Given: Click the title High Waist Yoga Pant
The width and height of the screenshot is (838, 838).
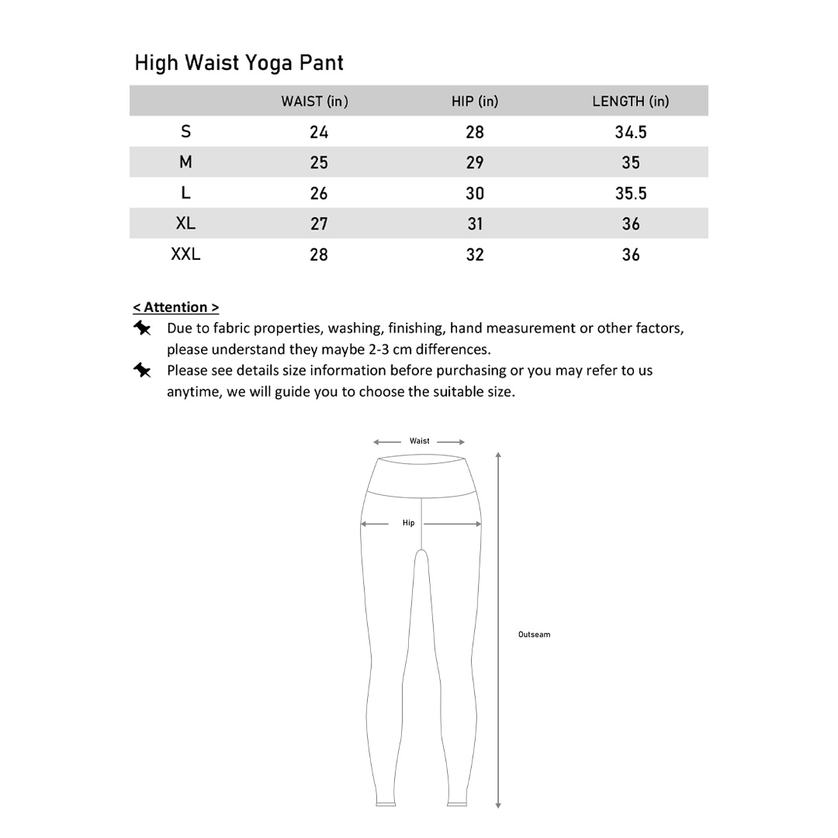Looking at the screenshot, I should [x=239, y=64].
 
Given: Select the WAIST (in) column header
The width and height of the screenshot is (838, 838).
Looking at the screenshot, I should [x=314, y=102].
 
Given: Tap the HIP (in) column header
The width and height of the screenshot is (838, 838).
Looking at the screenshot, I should [x=475, y=102].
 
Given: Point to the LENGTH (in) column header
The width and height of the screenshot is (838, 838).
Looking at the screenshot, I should [x=630, y=102].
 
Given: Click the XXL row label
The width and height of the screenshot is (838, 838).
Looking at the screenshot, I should [x=185, y=254].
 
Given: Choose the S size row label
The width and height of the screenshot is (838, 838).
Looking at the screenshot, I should [x=185, y=132].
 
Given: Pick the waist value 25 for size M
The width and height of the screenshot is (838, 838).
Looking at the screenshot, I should [x=319, y=163].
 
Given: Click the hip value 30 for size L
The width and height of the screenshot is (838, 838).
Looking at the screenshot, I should [x=475, y=193].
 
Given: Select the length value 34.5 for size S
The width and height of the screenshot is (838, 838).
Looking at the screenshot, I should [x=631, y=133].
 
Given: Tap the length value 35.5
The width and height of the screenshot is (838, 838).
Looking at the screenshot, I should [x=631, y=193].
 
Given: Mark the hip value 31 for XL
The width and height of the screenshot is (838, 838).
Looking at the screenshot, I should [x=475, y=224].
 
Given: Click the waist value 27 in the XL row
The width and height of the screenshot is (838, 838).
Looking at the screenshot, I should [x=319, y=224].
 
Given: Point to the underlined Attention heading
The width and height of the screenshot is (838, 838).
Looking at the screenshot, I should [x=175, y=307].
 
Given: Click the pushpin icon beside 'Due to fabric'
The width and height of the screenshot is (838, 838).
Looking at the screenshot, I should [x=142, y=329].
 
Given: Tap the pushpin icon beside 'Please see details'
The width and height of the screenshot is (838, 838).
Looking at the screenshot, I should [x=142, y=371].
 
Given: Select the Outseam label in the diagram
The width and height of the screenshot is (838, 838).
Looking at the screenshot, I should [x=534, y=635].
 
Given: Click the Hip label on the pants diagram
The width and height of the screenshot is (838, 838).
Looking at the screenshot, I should [x=409, y=523].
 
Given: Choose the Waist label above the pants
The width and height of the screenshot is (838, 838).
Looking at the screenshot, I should [x=420, y=441].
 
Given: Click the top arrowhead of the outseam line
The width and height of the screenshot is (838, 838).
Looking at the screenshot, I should [x=498, y=455].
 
